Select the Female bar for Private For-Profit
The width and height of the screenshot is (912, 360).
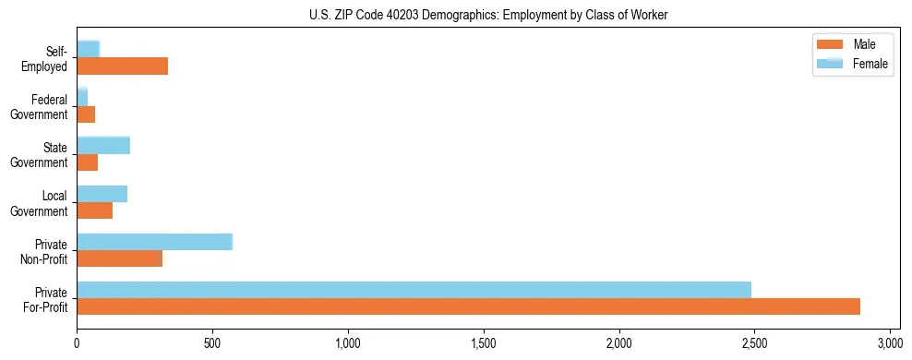(x=414, y=290)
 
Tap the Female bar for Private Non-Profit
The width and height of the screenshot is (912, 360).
(x=154, y=242)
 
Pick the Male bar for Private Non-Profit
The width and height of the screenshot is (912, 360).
(x=119, y=258)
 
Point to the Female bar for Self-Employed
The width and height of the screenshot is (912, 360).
(x=88, y=49)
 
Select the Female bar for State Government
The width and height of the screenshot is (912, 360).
(x=103, y=145)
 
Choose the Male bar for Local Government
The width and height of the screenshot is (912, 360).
(x=94, y=210)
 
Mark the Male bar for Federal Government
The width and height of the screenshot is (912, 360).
(x=86, y=114)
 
